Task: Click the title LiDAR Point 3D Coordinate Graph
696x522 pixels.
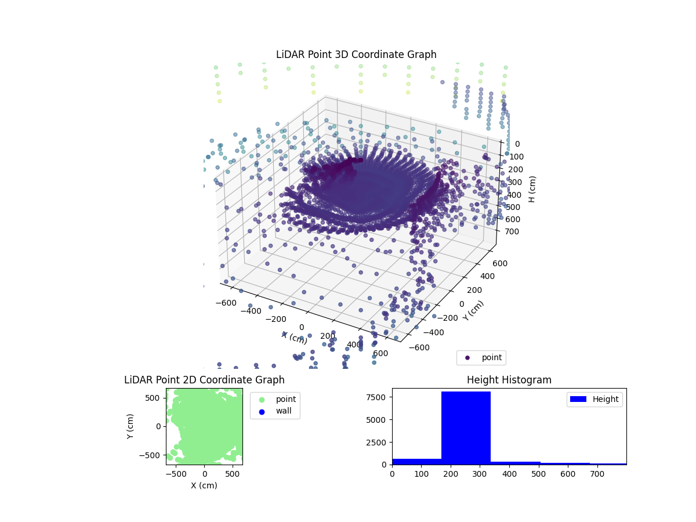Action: tap(356, 55)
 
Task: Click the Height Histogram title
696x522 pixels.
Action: tap(509, 380)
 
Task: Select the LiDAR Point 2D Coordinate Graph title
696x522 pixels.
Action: tap(204, 380)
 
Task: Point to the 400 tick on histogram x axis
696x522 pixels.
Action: tap(509, 474)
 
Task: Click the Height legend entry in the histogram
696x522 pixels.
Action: tap(594, 399)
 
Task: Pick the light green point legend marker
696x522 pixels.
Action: tap(262, 399)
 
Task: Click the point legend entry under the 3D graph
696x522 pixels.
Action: tap(481, 358)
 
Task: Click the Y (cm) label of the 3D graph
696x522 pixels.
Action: tap(473, 310)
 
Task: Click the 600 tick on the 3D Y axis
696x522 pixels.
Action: tap(500, 263)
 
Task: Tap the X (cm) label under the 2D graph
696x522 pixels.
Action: tap(204, 485)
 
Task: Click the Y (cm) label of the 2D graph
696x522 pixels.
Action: tap(131, 426)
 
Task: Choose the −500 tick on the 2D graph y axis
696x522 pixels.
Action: tap(153, 455)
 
